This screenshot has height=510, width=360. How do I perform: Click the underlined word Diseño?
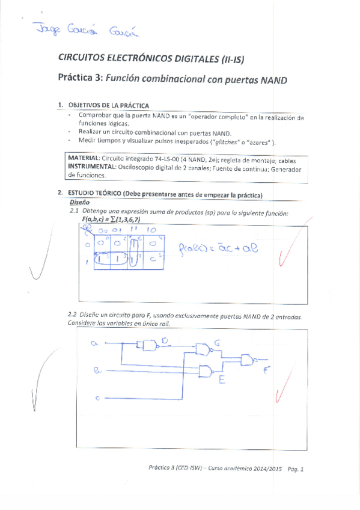[79, 203]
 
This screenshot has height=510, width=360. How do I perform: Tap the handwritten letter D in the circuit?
[165, 341]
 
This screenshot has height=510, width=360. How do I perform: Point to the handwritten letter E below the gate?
[222, 380]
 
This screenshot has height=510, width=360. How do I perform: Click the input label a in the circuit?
[94, 343]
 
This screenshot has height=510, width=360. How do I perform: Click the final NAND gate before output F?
[248, 360]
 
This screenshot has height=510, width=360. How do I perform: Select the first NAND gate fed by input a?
[148, 345]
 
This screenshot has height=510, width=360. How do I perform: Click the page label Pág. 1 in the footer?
[295, 469]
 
